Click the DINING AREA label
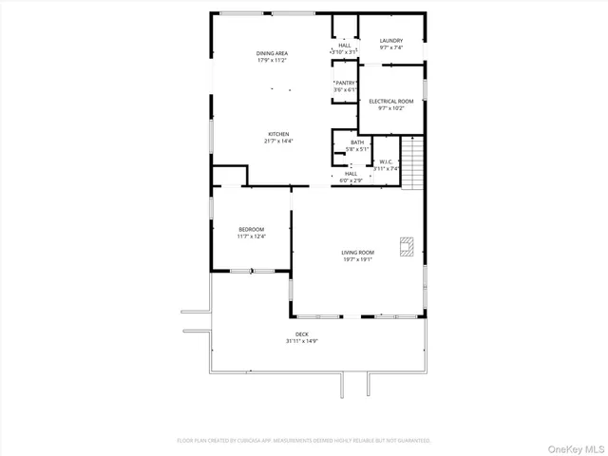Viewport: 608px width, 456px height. coord(272,53)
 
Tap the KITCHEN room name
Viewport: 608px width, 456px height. coord(277,134)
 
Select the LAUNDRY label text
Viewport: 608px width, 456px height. coord(390,40)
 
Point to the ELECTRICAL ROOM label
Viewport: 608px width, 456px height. coord(390,101)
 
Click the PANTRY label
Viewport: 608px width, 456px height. coord(345,83)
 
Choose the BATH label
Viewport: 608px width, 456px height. coord(356,142)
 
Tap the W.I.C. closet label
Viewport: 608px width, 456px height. coord(386,161)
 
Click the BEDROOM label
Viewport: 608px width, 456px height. coord(251,229)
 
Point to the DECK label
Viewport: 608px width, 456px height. coord(301,333)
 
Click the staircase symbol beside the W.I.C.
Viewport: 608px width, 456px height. coord(410,161)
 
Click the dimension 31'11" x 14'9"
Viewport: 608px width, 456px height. coord(301,341)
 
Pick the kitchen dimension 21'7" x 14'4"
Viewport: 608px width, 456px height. coord(277,142)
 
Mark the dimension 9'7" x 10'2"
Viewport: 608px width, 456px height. coord(390,108)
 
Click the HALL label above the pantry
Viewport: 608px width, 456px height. coord(345,45)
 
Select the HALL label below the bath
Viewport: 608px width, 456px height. coord(351,173)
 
